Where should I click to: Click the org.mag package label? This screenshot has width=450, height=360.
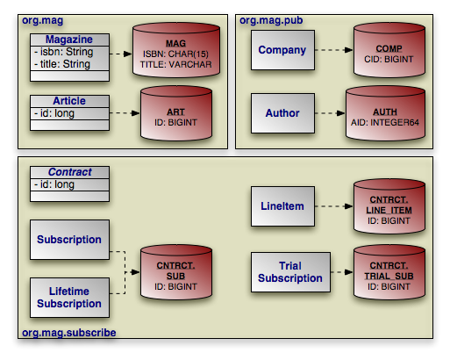coord(43,20)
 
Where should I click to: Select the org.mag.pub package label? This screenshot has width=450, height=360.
coord(271,20)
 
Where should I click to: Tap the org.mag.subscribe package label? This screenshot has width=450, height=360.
coord(69,333)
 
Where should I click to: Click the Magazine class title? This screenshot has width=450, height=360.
coord(69,40)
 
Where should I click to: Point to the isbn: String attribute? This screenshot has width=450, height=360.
coord(64,52)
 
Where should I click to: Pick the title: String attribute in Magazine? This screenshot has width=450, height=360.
coord(62,64)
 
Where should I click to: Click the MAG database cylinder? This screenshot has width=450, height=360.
coord(176,50)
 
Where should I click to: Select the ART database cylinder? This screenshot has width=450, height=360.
coord(176,113)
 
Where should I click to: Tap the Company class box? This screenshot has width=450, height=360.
coord(282,50)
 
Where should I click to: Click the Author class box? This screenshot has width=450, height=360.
coord(282,113)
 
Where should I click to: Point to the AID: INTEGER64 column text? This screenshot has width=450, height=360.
coord(385,122)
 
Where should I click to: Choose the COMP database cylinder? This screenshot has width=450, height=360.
coord(389,50)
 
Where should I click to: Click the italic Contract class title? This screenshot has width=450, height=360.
coord(70,172)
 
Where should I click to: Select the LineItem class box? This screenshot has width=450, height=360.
coord(282,206)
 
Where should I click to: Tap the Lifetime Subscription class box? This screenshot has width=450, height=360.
coord(69,298)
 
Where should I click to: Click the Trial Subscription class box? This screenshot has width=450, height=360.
coord(290,272)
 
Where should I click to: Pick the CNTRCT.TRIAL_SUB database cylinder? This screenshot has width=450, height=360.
coord(389,272)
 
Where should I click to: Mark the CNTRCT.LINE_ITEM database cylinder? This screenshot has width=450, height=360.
coord(389,206)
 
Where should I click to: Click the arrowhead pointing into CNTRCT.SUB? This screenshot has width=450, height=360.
coord(135,272)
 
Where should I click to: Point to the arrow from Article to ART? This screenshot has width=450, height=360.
coord(125,113)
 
